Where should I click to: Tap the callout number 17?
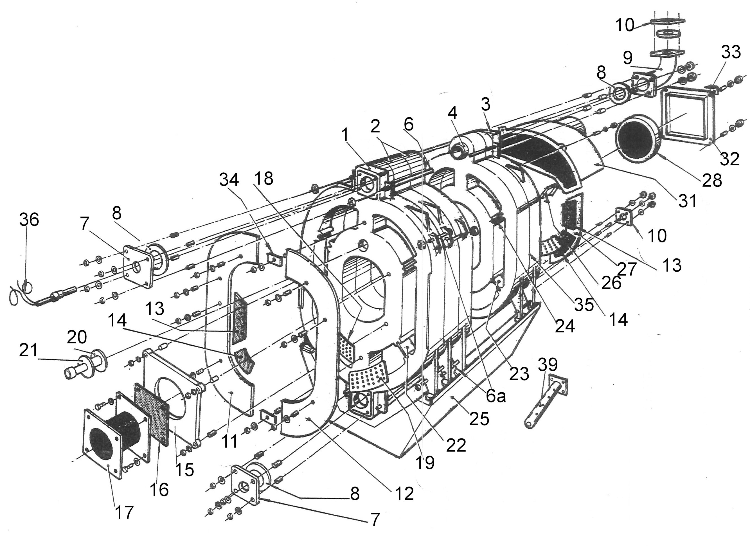(x=124, y=513)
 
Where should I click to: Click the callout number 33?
(x=731, y=52)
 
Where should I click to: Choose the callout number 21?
(x=29, y=351)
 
